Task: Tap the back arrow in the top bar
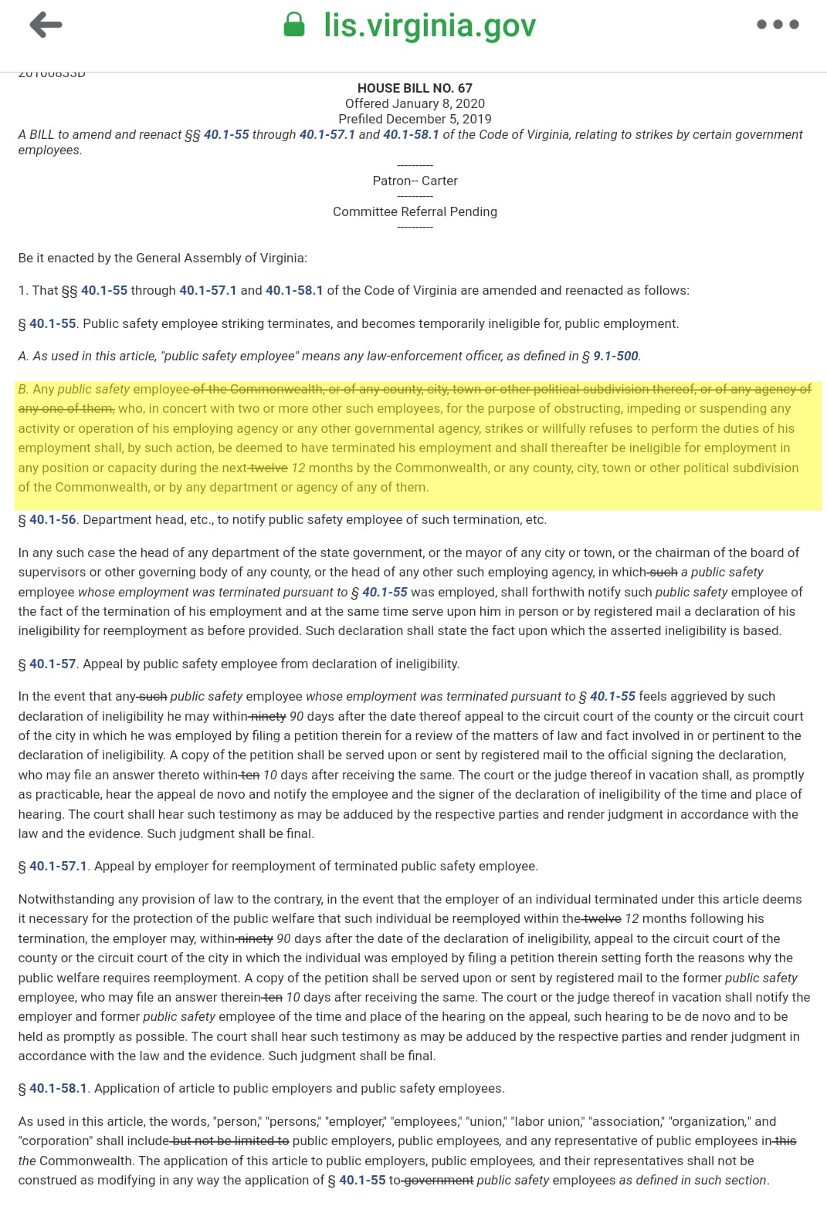46,25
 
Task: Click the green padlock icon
294,25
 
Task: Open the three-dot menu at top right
778,25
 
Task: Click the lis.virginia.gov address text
429,25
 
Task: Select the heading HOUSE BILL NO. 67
415,88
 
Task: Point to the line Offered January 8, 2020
415,103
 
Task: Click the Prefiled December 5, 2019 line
415,119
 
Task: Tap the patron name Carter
439,181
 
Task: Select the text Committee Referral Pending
415,211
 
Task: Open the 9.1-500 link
615,356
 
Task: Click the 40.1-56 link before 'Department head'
53,519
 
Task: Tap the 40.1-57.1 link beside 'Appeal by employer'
58,866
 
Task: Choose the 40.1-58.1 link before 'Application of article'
58,1088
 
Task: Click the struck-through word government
439,1180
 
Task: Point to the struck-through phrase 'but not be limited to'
230,1141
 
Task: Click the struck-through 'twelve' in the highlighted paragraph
269,468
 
